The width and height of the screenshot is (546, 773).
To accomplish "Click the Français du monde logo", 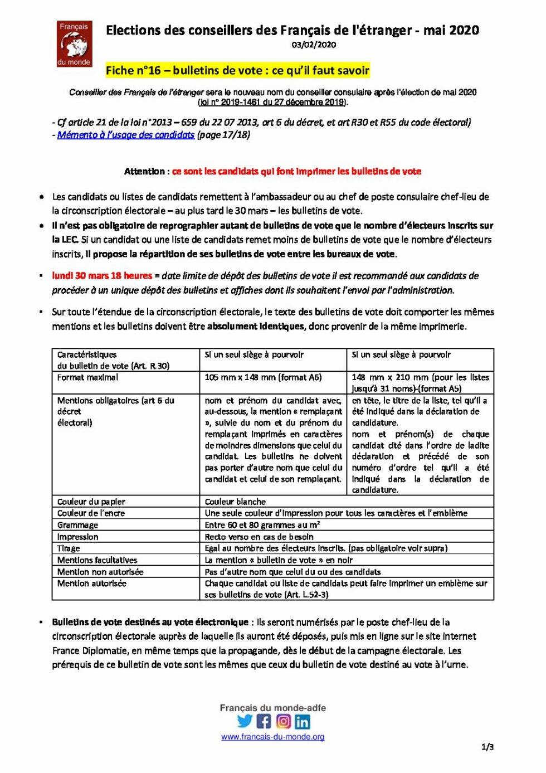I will (x=74, y=44).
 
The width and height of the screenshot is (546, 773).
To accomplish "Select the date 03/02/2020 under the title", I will (x=314, y=45).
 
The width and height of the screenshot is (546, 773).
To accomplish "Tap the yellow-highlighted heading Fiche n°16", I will (x=237, y=70).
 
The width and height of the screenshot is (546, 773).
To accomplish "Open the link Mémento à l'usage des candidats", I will (x=126, y=135).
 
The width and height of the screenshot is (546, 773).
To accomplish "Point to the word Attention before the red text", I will (x=144, y=172).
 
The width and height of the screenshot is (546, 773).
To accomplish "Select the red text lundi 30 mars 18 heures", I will (x=102, y=276).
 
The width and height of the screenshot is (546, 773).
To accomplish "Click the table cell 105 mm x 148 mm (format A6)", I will (x=263, y=377).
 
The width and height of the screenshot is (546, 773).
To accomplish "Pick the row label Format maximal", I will (x=87, y=377).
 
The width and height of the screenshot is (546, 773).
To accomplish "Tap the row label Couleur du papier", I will (x=91, y=502).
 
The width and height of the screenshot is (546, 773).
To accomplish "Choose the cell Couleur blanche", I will (x=235, y=502).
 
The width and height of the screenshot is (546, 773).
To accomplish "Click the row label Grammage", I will (x=77, y=525).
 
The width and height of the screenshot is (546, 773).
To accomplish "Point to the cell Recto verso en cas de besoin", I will (x=259, y=537).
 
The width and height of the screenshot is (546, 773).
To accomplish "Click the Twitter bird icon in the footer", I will (x=245, y=721).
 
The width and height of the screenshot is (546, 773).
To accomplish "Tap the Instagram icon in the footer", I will (x=283, y=721).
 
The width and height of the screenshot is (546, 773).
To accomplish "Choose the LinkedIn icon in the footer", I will (x=303, y=722).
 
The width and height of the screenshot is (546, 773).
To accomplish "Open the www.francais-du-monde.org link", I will (x=272, y=737).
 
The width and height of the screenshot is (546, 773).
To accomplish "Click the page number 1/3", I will (x=487, y=747).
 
